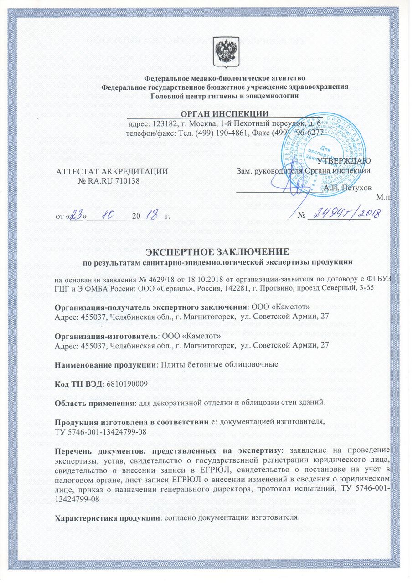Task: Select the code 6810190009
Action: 126,384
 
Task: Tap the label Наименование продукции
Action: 104,364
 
